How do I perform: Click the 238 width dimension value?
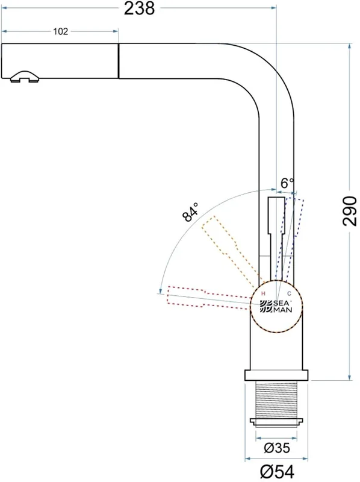click(139, 8)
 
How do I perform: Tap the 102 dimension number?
click(61, 31)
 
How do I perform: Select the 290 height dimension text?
click(350, 211)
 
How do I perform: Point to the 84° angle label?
click(190, 212)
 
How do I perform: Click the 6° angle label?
click(287, 183)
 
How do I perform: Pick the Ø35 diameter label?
click(276, 448)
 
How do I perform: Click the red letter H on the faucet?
click(263, 294)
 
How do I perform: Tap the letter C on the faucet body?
click(289, 294)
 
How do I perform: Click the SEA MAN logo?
click(276, 307)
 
